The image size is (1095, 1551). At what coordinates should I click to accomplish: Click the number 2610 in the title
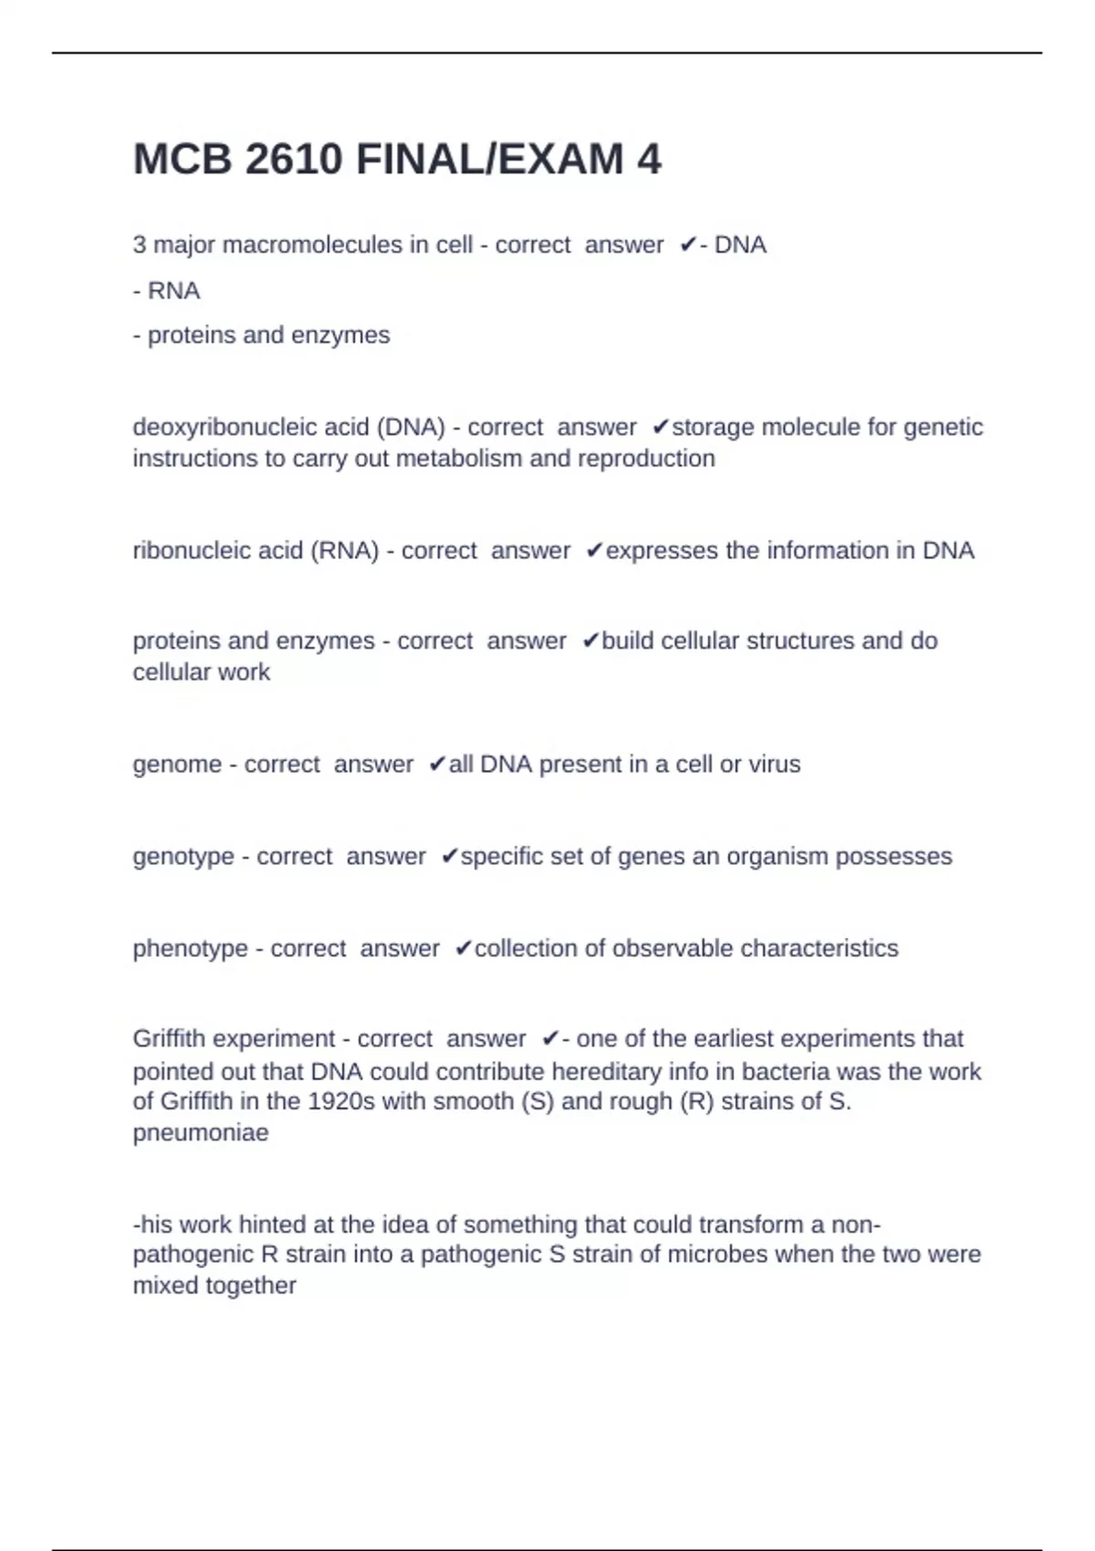point(294,160)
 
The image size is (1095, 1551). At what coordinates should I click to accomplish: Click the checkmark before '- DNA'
point(688,245)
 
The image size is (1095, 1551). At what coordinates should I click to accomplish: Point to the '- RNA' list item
point(166,290)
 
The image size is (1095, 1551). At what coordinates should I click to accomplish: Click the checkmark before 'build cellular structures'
point(590,641)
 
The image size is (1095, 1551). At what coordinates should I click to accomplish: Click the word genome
point(177,764)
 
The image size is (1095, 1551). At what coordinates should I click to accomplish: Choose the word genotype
point(183,856)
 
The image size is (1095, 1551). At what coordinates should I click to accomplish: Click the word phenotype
point(190,948)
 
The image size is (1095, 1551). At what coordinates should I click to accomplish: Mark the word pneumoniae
point(201,1132)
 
